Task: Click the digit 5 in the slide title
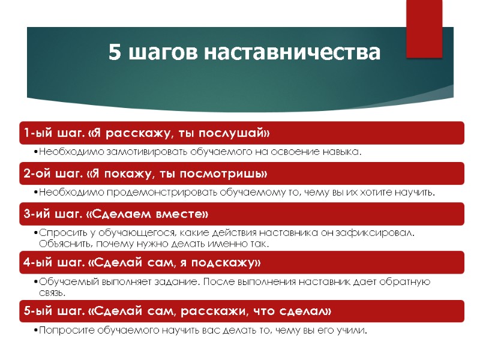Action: coord(115,53)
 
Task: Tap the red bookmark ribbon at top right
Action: coord(424,29)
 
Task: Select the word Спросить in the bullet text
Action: coord(58,233)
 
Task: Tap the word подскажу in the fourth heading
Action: coord(230,263)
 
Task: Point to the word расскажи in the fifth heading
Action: coord(227,311)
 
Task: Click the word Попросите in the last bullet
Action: coord(61,331)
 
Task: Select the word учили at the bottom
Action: coord(351,331)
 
